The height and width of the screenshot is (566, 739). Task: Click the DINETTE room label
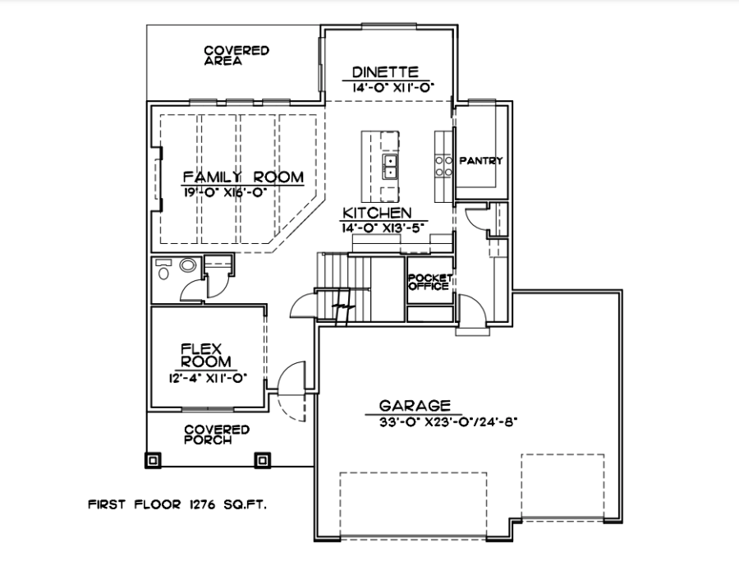(x=385, y=72)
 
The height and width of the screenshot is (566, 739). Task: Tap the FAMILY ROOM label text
(x=243, y=177)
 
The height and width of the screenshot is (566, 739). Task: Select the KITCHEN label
(x=377, y=214)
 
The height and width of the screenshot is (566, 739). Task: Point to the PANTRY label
(x=480, y=161)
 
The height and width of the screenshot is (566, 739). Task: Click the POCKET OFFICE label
(x=429, y=282)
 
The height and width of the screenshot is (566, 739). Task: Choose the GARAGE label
(x=415, y=406)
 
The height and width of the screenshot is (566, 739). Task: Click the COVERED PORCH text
(x=217, y=435)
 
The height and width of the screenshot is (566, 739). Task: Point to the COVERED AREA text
(x=236, y=56)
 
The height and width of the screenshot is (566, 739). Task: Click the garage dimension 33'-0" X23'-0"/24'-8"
(x=448, y=422)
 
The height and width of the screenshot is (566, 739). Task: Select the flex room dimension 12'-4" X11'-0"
(x=209, y=378)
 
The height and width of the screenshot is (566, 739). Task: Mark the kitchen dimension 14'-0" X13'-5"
(x=383, y=228)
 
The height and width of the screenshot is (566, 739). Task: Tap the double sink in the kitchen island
(x=390, y=167)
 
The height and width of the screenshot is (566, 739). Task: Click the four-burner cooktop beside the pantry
(x=444, y=166)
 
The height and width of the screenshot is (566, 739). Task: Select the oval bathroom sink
(x=187, y=265)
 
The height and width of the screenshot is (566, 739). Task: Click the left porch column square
(x=153, y=460)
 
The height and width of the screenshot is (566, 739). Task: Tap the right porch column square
(x=262, y=460)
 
